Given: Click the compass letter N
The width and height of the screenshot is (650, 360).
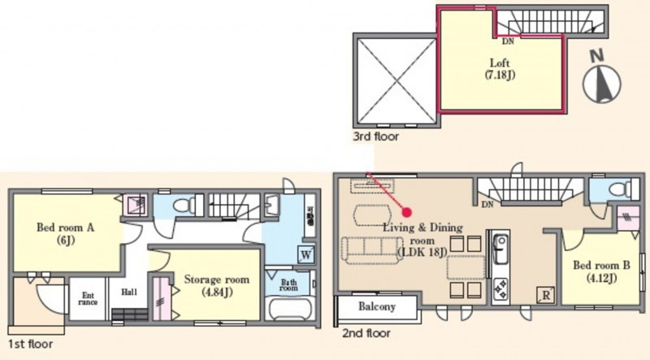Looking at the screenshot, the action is tap(597, 56).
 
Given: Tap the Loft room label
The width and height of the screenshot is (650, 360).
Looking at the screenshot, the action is tap(500, 69).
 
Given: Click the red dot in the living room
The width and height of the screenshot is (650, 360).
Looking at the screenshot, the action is tap(407, 212).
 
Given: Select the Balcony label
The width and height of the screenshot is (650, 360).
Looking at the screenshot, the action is tap(377, 307).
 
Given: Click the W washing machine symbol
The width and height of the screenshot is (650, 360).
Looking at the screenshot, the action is tap(306, 254).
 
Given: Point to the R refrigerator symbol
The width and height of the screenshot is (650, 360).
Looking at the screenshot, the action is tap(545, 295).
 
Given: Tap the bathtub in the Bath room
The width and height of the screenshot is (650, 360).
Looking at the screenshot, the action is tap(289, 309).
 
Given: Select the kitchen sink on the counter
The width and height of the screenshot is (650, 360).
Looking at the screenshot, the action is tap(500, 248).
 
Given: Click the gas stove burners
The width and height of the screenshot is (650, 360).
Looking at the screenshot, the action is tap(500, 288).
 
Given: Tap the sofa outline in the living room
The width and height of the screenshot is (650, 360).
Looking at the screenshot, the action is tap(372, 250).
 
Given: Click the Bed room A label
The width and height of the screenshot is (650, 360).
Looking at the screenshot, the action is tap(66, 233).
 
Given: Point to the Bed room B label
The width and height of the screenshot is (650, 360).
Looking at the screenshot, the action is tap(601, 271).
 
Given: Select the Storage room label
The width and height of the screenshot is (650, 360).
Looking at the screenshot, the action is tap(217, 285).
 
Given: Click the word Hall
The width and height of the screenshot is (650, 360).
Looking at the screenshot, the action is tap(129, 292).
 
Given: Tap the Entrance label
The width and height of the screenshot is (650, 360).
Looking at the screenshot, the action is tap(88, 298).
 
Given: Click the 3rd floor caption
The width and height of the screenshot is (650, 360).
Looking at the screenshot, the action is tap(376, 136).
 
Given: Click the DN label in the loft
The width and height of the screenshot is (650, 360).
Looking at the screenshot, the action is tap(508, 41).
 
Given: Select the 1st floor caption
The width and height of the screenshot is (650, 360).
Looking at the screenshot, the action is tap(31, 344).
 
